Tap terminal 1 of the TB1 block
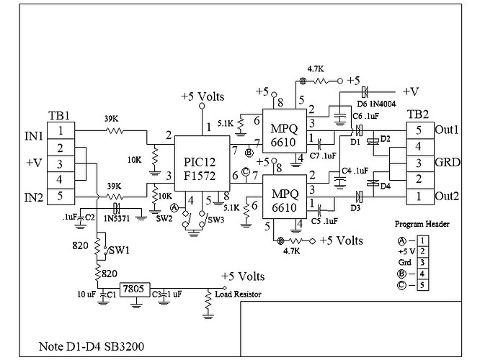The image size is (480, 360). [62, 130]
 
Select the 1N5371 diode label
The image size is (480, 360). [117, 217]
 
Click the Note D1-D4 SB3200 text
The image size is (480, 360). [90, 346]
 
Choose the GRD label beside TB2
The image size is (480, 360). [446, 163]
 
